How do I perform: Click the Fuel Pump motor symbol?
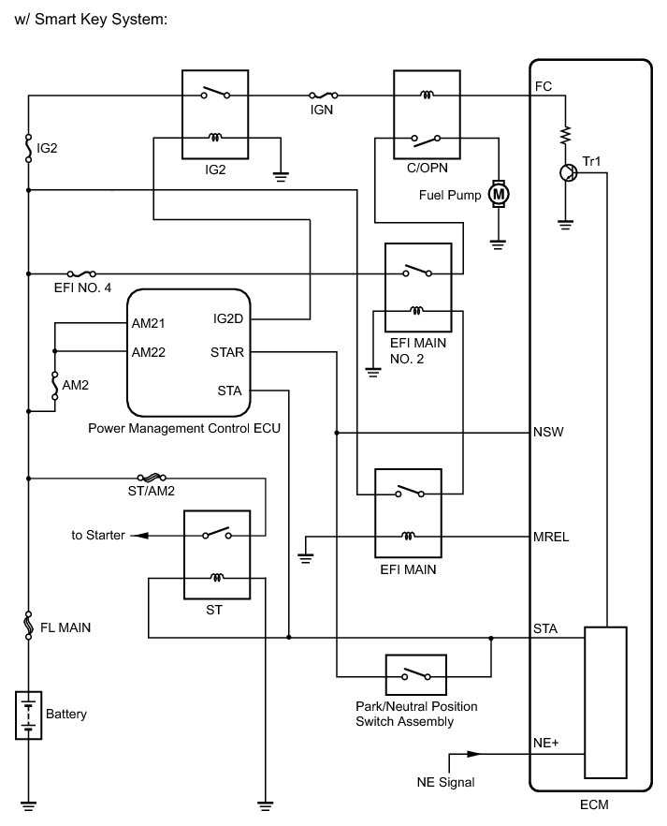[x=499, y=194]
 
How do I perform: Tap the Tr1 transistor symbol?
[x=566, y=172]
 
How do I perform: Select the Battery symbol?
[x=30, y=714]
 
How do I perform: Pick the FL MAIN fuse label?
[x=65, y=627]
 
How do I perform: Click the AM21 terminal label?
[x=148, y=323]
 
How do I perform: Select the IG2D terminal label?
[x=228, y=318]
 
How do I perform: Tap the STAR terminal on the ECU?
[x=228, y=353]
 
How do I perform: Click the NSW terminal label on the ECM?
[x=547, y=433]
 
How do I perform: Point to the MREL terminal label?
[x=550, y=537]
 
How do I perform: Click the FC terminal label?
[x=543, y=85]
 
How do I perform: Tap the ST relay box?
[x=217, y=556]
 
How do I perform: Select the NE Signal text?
[x=446, y=782]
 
